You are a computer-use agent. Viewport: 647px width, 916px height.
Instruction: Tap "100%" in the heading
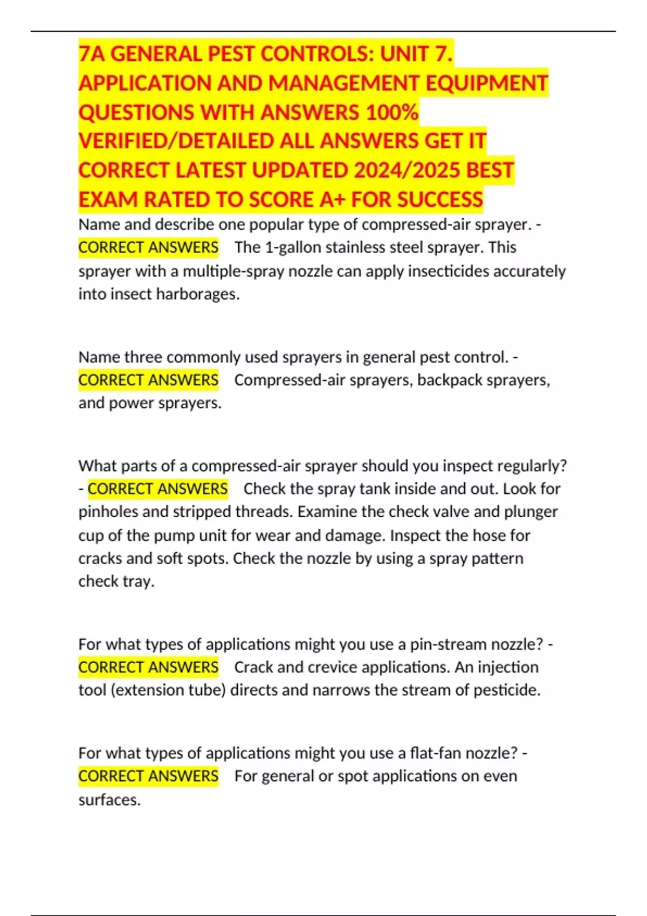pyautogui.click(x=392, y=113)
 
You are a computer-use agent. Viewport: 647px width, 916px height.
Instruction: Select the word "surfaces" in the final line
pyautogui.click(x=108, y=800)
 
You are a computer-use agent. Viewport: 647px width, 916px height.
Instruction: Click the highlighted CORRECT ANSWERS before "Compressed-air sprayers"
pyautogui.click(x=148, y=380)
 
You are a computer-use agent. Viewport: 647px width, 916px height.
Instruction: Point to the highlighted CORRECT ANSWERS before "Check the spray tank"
pyautogui.click(x=157, y=489)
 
